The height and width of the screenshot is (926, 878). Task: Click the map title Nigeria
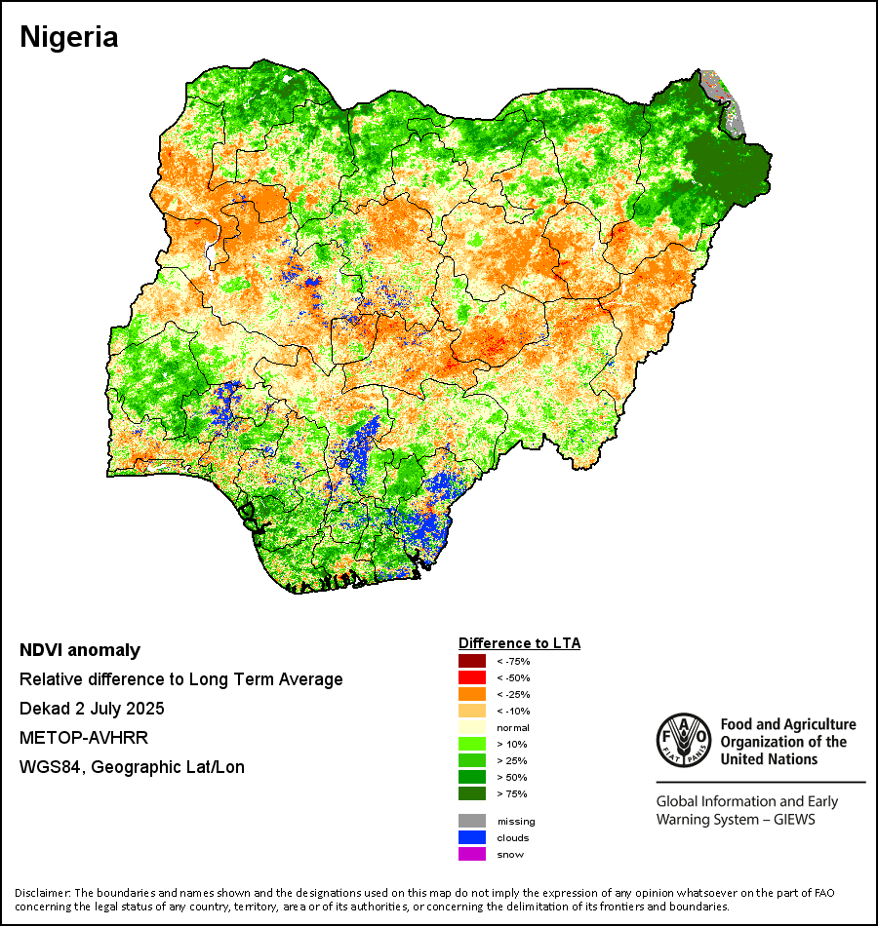tap(69, 37)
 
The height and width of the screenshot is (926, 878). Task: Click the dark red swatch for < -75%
tap(470, 661)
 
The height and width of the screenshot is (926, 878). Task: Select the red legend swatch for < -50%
tap(470, 677)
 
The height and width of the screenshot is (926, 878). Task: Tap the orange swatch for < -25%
tap(470, 694)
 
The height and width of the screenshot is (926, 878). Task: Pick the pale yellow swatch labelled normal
tap(470, 728)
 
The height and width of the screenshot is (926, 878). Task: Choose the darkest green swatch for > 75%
tap(470, 794)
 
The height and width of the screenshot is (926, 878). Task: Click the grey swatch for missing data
tap(470, 821)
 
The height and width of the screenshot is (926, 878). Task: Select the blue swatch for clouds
tap(470, 837)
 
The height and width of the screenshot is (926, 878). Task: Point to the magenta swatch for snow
tap(470, 854)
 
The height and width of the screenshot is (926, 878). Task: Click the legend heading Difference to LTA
tap(519, 643)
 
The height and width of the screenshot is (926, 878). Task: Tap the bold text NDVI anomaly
tap(80, 650)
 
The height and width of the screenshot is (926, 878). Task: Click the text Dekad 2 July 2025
tap(92, 709)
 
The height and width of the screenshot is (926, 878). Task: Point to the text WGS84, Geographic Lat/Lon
tap(132, 767)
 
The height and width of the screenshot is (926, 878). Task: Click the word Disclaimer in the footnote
tap(43, 893)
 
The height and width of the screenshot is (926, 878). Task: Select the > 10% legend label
tap(510, 745)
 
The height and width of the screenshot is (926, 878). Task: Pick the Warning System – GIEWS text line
tap(736, 819)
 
